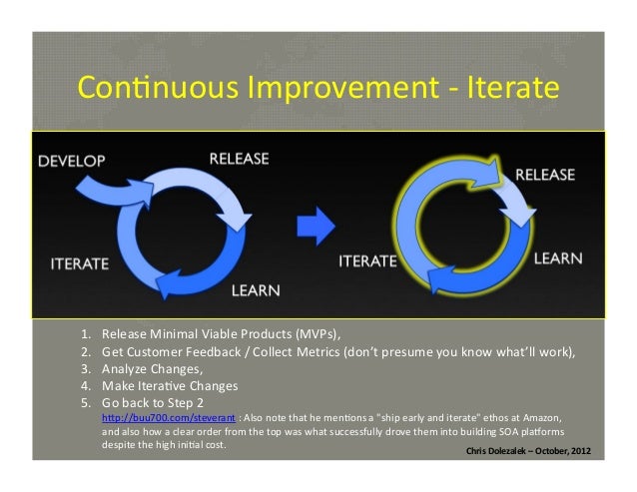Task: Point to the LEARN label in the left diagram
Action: click(x=256, y=291)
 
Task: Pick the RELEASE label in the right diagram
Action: click(x=544, y=175)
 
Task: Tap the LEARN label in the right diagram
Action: click(x=559, y=258)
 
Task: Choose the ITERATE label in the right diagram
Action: click(x=367, y=259)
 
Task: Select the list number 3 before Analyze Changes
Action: click(x=85, y=368)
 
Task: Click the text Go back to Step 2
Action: click(x=154, y=401)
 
